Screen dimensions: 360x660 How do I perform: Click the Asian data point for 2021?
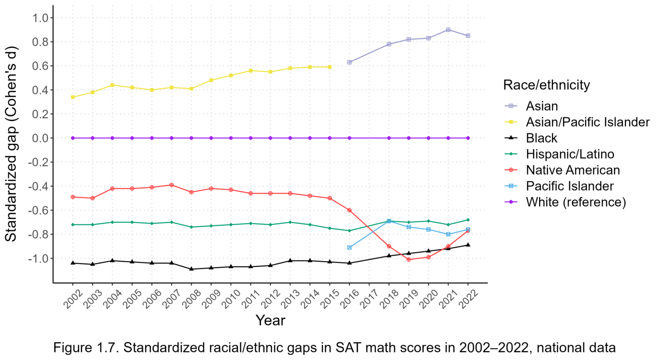[448, 30]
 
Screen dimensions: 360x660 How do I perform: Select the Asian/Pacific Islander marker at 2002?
[73, 97]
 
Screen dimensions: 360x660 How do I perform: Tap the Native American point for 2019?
[409, 259]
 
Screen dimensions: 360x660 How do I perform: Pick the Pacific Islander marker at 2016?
[349, 247]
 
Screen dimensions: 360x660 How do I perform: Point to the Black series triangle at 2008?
[191, 269]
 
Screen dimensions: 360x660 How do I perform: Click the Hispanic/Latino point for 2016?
[349, 231]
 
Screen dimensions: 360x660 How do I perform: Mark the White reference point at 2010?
[231, 138]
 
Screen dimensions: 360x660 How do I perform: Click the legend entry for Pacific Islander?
[569, 186]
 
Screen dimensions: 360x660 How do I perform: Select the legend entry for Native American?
[572, 170]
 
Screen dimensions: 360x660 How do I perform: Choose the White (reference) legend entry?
[575, 202]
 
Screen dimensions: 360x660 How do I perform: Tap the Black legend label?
[541, 138]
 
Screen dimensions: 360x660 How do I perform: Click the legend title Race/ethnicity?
[546, 85]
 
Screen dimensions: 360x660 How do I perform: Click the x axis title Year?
[270, 320]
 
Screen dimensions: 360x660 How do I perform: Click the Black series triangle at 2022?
[468, 245]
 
